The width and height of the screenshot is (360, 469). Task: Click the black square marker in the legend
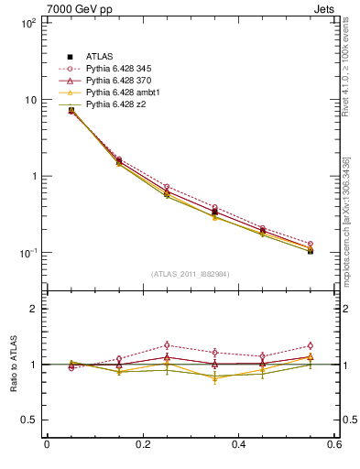coord(70,57)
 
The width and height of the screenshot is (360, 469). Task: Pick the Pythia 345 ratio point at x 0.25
coord(167,345)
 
